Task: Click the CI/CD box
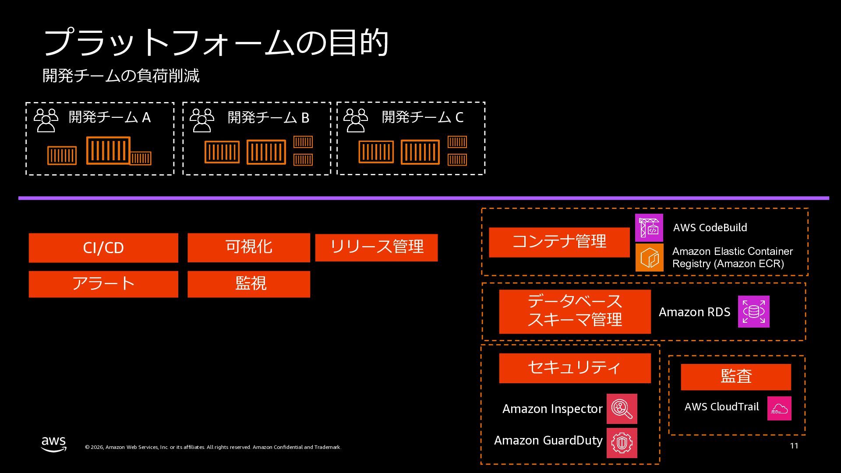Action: click(103, 248)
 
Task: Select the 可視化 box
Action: click(249, 247)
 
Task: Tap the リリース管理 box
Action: click(376, 247)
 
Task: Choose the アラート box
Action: click(103, 284)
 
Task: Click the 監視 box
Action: click(249, 284)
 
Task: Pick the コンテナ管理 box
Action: click(559, 242)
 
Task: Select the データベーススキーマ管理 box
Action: click(575, 311)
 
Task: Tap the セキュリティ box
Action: click(575, 368)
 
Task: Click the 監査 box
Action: click(736, 377)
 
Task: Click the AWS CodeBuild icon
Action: click(649, 228)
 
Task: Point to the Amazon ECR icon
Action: click(649, 258)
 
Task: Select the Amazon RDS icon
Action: click(753, 311)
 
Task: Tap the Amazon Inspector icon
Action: click(622, 409)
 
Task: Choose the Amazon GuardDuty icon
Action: click(622, 443)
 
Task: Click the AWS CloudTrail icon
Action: click(779, 408)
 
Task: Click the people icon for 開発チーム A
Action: click(46, 120)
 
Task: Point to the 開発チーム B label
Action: click(269, 117)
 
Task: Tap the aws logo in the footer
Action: click(54, 444)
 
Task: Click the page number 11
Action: click(794, 446)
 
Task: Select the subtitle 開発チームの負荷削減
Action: click(121, 76)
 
